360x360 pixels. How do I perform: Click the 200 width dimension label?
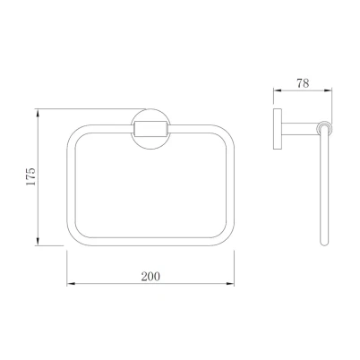tap(150, 277)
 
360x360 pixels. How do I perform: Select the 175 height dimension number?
tap(30, 176)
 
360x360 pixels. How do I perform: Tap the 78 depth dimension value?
tap(303, 83)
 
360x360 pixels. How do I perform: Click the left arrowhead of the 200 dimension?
tap(71, 283)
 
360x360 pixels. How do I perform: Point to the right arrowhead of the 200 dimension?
tap(230, 283)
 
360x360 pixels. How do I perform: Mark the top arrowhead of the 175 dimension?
tap(38, 113)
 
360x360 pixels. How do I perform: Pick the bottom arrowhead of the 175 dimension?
tap(38, 242)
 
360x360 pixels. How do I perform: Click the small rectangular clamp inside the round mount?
tap(150, 129)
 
